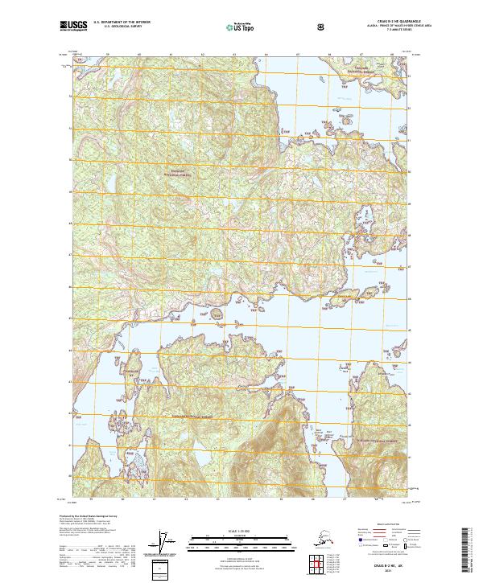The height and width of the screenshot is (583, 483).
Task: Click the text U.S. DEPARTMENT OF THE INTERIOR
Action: point(122,23)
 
